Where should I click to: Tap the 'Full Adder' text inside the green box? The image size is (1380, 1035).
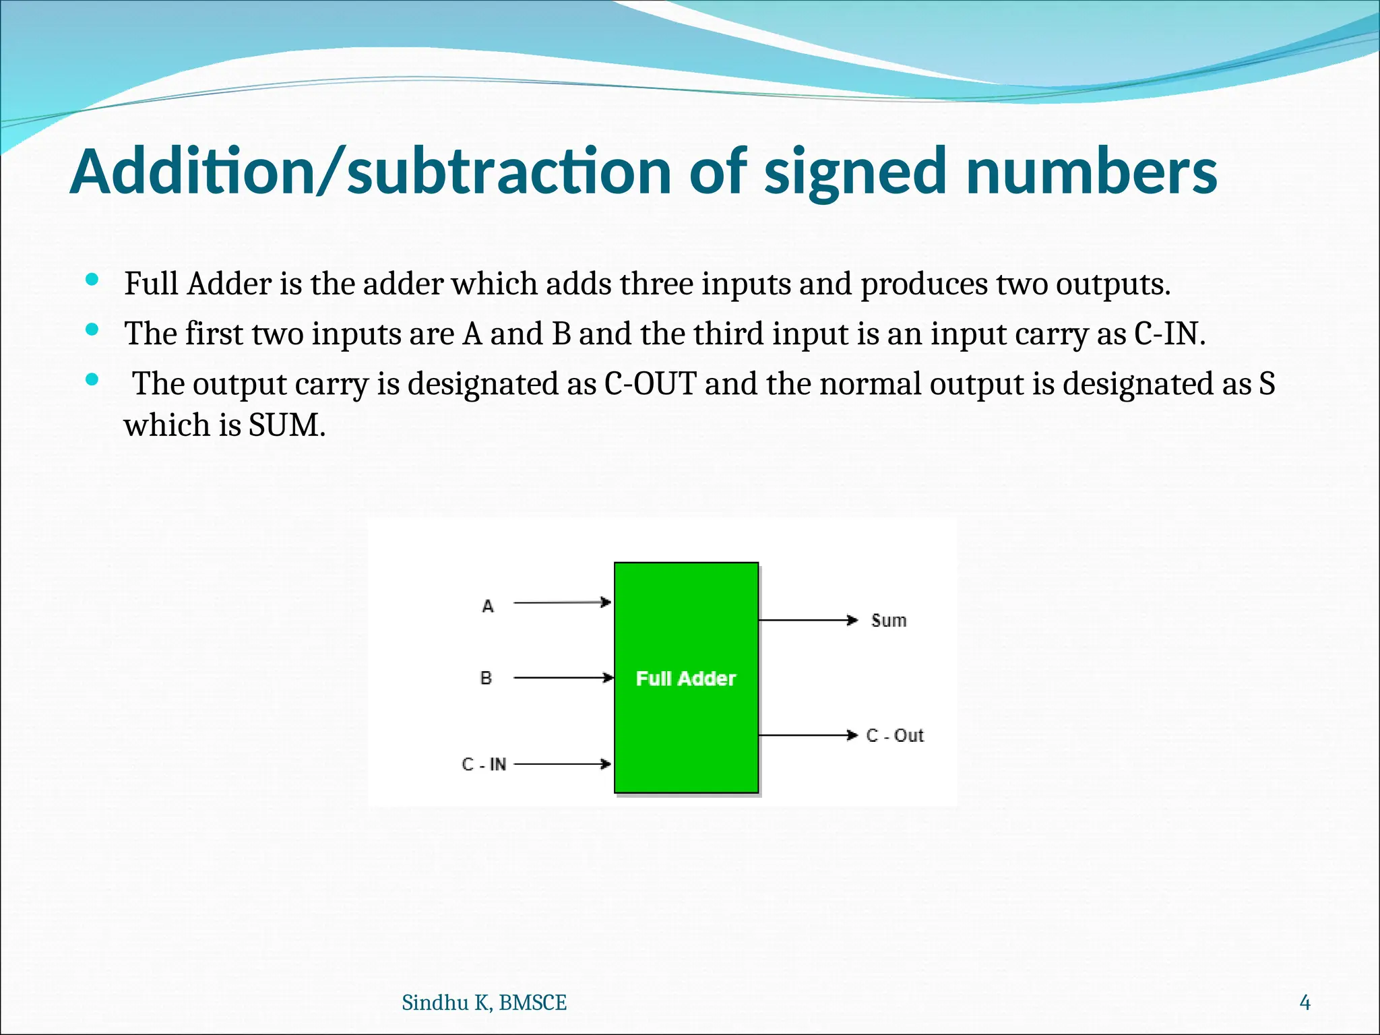pyautogui.click(x=686, y=679)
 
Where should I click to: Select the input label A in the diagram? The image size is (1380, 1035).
pyautogui.click(x=488, y=606)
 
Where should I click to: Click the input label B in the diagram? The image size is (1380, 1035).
pyautogui.click(x=486, y=678)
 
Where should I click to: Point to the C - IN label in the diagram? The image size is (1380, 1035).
pyautogui.click(x=484, y=764)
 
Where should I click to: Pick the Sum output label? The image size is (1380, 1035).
pyautogui.click(x=889, y=621)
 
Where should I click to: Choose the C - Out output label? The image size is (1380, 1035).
pyautogui.click(x=895, y=735)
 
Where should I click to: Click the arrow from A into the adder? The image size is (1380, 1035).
pyautogui.click(x=562, y=602)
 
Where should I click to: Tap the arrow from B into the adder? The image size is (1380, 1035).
pyautogui.click(x=563, y=677)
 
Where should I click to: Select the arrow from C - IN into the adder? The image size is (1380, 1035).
pyautogui.click(x=562, y=764)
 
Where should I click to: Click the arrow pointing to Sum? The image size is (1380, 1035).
pyautogui.click(x=808, y=620)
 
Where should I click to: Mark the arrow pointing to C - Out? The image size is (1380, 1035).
pyautogui.click(x=808, y=735)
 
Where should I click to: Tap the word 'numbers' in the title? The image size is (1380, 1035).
pyautogui.click(x=1091, y=172)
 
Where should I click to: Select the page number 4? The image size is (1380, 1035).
pyautogui.click(x=1305, y=1003)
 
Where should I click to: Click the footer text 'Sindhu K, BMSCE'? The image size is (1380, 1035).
pyautogui.click(x=484, y=1003)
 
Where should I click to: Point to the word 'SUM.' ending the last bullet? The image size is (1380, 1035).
pyautogui.click(x=287, y=425)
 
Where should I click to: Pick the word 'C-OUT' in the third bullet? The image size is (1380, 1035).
pyautogui.click(x=650, y=383)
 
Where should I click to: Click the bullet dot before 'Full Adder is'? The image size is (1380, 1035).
pyautogui.click(x=93, y=280)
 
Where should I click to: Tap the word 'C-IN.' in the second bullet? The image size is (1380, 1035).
pyautogui.click(x=1170, y=334)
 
